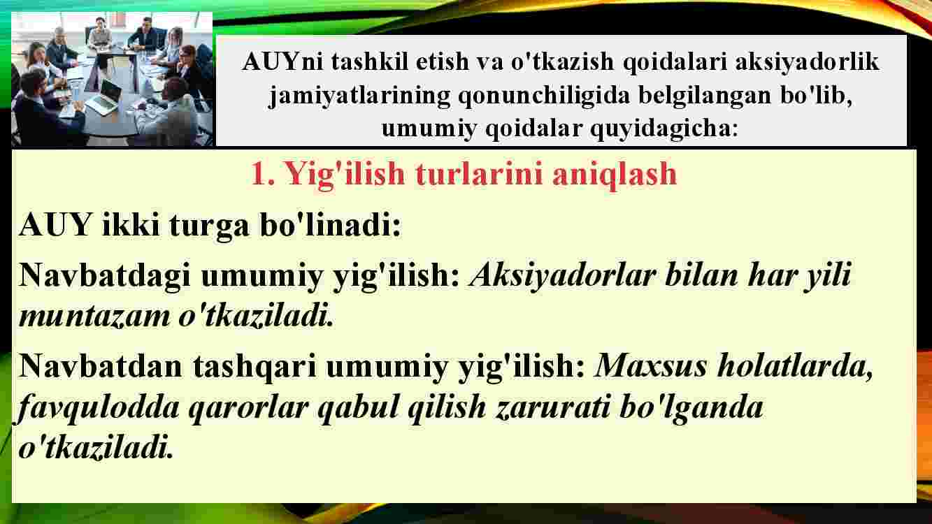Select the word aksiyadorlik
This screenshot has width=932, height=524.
(807, 62)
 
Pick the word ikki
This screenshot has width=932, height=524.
(131, 224)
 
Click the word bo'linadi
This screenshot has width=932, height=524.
(330, 224)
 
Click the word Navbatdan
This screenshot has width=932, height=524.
(100, 366)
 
